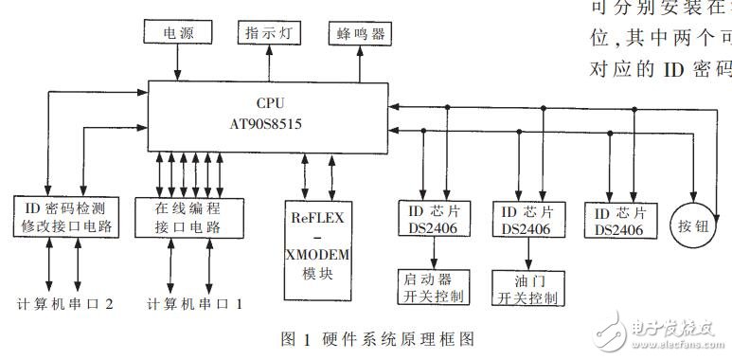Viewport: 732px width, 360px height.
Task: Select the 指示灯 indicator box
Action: [x=267, y=31]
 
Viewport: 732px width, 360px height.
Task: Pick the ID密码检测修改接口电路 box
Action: [x=64, y=217]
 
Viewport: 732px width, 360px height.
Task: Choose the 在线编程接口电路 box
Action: [x=189, y=217]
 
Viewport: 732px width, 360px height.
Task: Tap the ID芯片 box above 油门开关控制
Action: [x=527, y=220]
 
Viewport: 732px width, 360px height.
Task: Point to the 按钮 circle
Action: [x=696, y=225]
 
